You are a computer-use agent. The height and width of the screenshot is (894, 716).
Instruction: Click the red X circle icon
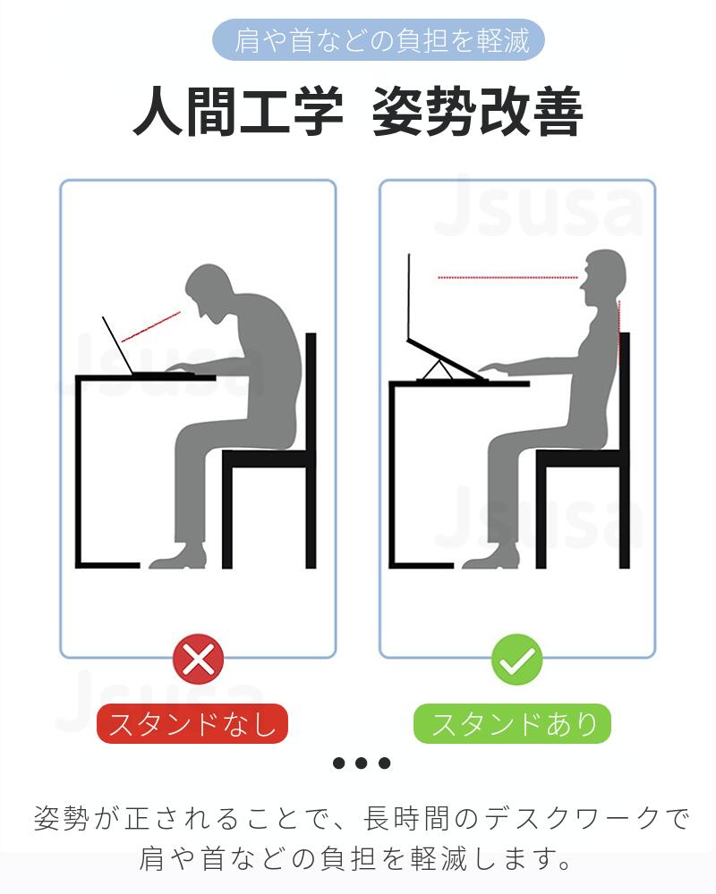point(198,659)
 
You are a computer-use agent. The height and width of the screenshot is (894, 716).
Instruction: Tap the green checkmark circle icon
point(517,660)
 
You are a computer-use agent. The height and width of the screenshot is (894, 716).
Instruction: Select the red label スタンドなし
point(192,723)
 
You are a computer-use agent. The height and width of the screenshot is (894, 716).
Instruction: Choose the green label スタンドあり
point(512,723)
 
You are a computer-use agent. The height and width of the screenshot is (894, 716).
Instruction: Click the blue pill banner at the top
point(378,40)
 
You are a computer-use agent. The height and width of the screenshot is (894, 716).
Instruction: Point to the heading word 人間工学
point(238,111)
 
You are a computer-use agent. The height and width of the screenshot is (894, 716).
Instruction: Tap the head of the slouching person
point(209,293)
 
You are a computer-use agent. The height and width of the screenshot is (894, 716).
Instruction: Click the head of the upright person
point(603,278)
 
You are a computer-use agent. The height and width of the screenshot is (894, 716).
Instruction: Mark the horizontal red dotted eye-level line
point(508,278)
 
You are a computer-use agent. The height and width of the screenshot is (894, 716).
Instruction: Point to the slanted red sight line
point(151,326)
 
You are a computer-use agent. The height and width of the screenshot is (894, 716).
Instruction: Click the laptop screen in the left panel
point(117,345)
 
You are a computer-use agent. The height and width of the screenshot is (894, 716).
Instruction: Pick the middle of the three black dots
point(362,763)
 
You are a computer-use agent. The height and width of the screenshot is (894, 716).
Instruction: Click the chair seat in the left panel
point(268,458)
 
